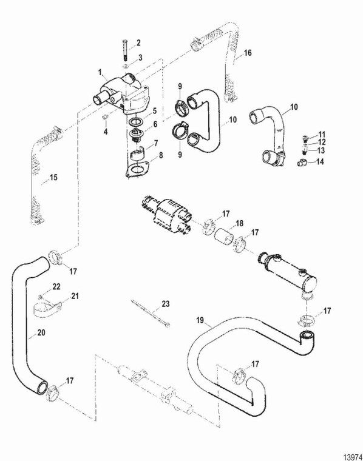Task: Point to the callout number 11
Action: coord(322,133)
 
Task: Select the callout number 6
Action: coord(155,124)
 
